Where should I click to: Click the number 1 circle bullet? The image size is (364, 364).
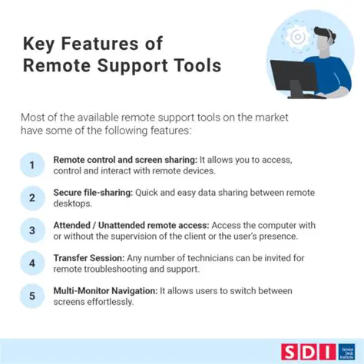point(31,165)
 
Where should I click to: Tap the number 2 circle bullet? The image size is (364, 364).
point(31,198)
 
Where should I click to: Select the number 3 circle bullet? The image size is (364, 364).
point(31,231)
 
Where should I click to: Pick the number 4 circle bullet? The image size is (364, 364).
point(31,264)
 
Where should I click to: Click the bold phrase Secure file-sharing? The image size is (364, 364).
point(92,193)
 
